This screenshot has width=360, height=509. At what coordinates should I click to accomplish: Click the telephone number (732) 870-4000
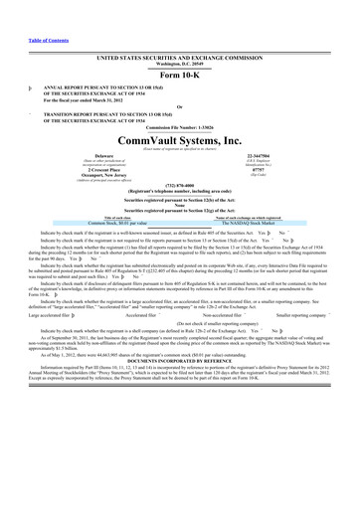[x=180, y=226]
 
